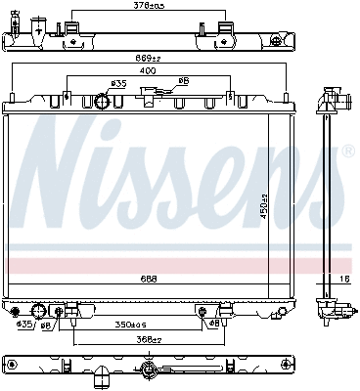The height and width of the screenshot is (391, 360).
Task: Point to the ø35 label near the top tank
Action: click(118, 84)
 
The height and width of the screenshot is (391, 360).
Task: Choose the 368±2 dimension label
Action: click(148, 340)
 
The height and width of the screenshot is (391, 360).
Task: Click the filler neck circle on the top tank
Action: click(103, 102)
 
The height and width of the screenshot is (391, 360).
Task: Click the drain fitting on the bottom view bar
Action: click(148, 369)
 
